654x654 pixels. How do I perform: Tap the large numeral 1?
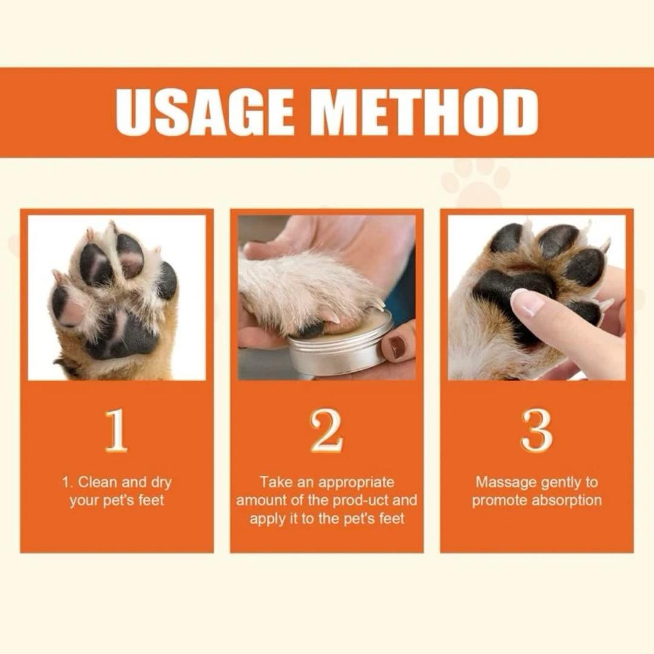(116, 431)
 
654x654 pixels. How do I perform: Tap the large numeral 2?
(326, 431)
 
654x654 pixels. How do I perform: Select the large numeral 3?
(537, 431)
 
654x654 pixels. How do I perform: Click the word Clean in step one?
(97, 482)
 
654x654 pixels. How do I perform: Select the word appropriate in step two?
(356, 483)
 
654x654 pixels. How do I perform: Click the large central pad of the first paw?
(121, 334)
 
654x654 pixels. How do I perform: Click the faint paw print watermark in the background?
(475, 183)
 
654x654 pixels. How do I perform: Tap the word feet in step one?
(151, 500)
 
